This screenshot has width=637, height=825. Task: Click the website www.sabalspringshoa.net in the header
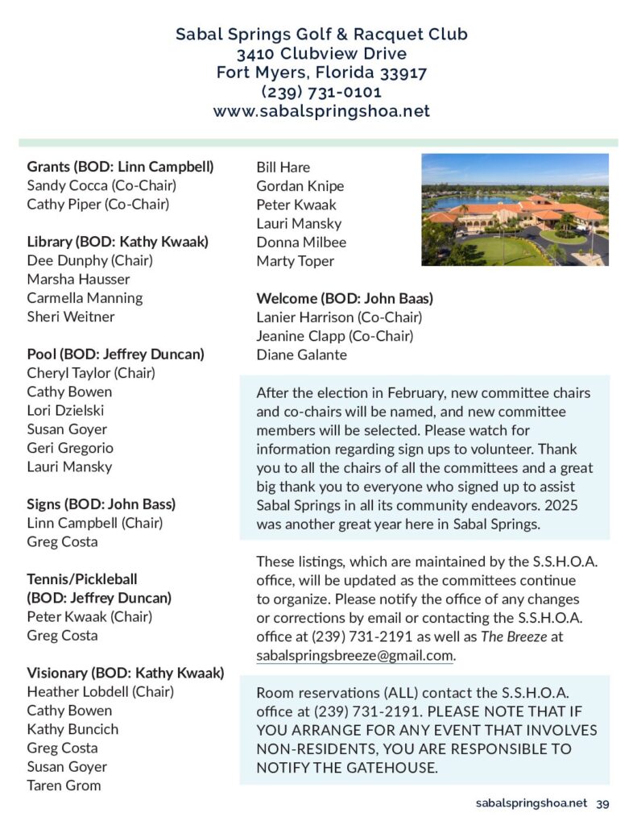321,111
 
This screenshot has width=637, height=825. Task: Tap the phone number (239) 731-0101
321,92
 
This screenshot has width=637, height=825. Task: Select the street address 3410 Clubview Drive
321,54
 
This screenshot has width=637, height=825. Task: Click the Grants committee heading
120,167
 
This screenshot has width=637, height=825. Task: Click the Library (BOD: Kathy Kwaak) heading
118,242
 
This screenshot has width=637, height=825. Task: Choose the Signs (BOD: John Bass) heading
101,504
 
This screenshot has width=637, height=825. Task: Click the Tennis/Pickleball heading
82,579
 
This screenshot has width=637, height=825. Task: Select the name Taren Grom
64,785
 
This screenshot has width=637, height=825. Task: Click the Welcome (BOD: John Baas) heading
345,298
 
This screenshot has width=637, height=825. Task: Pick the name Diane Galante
301,354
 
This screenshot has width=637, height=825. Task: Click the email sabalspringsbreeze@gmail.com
354,655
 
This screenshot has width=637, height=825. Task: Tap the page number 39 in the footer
602,803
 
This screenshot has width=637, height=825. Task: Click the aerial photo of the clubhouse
515,209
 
